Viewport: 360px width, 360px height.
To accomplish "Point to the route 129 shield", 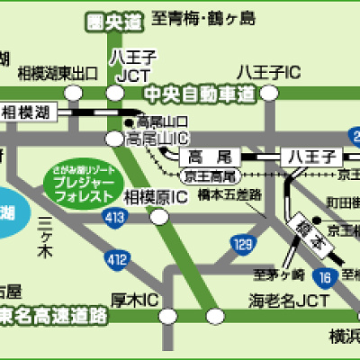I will click(241, 243).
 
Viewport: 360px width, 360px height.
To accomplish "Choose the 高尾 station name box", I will click(211, 155).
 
